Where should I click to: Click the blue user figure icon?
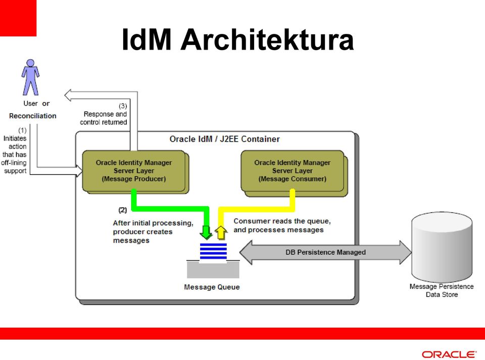(x=30, y=77)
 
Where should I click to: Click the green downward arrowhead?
(x=206, y=233)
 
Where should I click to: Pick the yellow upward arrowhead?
(x=221, y=233)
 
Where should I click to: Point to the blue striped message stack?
(x=213, y=251)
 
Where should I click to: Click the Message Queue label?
(x=212, y=287)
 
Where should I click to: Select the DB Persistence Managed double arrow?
(x=326, y=252)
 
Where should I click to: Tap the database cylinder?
(x=442, y=247)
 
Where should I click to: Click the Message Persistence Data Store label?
(x=442, y=290)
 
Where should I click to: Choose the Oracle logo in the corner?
(x=449, y=354)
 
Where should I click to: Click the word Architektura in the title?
(x=267, y=39)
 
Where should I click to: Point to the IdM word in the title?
(x=147, y=39)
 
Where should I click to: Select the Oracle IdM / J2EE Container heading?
(x=224, y=139)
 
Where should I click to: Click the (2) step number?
(x=122, y=210)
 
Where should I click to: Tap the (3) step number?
(x=123, y=106)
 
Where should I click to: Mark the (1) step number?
(x=22, y=130)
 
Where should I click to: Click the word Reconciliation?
(x=33, y=116)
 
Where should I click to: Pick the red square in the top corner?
(x=18, y=18)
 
